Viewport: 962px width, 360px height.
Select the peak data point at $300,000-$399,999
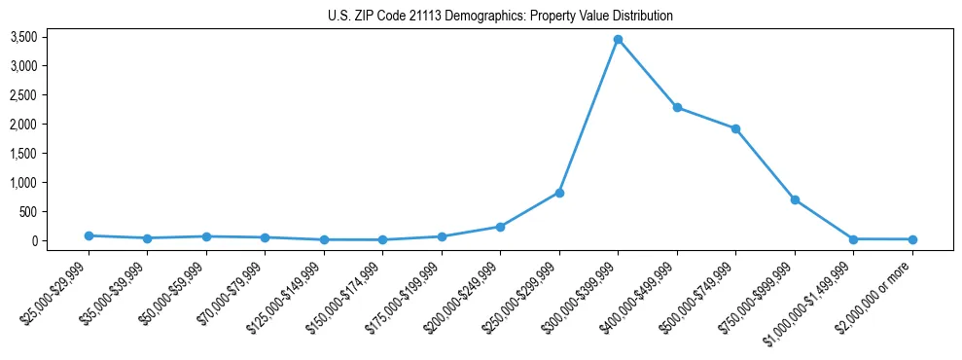point(618,39)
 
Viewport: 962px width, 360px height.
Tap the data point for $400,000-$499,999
point(677,107)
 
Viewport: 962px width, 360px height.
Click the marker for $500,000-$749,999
point(735,128)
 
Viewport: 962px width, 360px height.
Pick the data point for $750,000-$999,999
point(795,199)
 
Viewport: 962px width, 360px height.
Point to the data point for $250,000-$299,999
point(559,193)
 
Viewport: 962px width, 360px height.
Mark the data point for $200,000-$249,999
point(500,227)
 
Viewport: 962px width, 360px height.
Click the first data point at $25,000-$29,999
point(89,235)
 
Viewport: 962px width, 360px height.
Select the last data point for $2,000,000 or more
point(912,239)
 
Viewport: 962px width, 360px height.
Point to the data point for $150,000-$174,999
point(382,239)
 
